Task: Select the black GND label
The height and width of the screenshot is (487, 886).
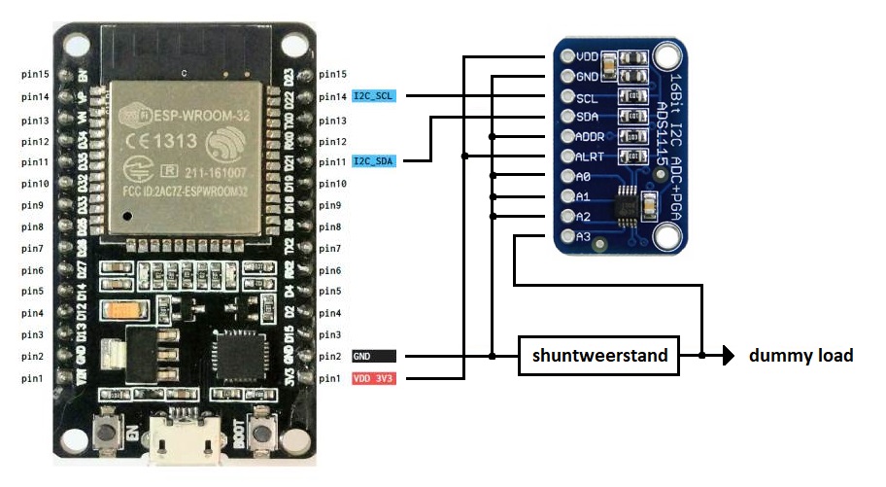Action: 373,357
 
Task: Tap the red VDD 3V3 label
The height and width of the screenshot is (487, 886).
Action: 373,378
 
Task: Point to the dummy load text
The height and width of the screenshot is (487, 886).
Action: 801,356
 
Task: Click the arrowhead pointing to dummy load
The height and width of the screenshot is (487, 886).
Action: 726,356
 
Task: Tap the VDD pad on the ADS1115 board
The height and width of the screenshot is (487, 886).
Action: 568,57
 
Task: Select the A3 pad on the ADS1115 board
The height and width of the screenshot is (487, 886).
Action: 568,236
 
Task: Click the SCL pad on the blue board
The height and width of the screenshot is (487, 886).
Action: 568,97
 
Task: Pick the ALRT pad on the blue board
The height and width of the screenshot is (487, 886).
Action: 568,157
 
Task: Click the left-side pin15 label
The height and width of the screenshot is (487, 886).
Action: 36,75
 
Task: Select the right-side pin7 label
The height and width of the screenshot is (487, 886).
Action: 331,249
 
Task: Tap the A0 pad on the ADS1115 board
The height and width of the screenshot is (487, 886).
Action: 568,177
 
